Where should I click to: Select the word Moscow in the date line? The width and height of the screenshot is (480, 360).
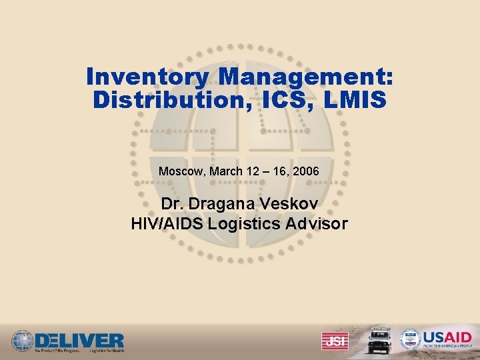182,171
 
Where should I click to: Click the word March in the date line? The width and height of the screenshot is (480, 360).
226,171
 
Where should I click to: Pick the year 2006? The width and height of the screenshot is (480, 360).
306,171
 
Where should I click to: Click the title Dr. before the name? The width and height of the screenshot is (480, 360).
173,203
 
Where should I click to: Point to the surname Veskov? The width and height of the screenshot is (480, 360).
291,203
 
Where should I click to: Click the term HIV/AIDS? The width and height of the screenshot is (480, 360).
167,223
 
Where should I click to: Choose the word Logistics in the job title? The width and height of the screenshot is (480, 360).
241,223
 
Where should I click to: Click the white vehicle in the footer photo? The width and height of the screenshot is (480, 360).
378,340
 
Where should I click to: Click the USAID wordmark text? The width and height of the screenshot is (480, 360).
447,337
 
